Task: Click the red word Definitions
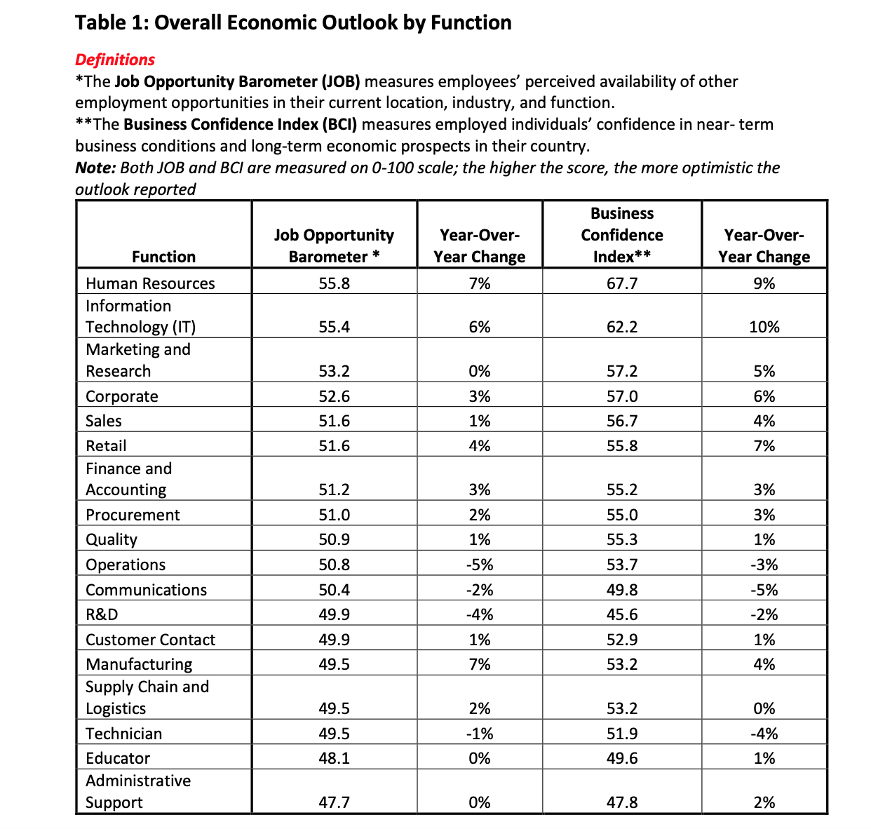(x=115, y=60)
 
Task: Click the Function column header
(x=163, y=257)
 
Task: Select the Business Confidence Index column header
(x=621, y=235)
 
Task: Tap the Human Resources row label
(x=150, y=283)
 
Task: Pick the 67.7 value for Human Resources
(x=621, y=283)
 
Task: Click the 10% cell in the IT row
(x=764, y=327)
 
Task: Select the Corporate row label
(x=122, y=396)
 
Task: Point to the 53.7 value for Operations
(x=621, y=565)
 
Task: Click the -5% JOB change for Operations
(x=480, y=565)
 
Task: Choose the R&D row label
(x=102, y=614)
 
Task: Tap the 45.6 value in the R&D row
(x=621, y=614)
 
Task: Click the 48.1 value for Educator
(x=334, y=758)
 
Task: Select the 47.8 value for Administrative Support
(x=621, y=802)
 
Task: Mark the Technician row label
(x=123, y=734)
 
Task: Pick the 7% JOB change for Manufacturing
(x=480, y=664)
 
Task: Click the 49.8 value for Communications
(x=621, y=590)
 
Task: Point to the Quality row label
(x=112, y=539)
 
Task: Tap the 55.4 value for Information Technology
(x=334, y=327)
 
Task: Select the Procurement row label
(x=133, y=515)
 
